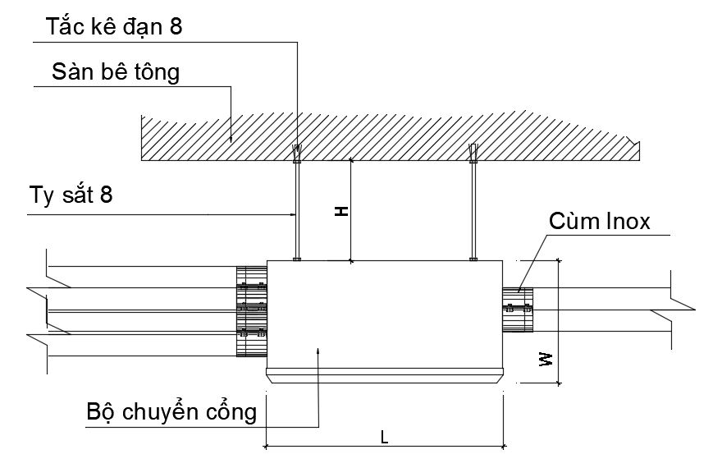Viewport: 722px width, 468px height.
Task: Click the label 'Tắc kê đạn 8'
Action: click(x=115, y=27)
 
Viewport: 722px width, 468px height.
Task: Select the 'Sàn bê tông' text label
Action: click(x=115, y=72)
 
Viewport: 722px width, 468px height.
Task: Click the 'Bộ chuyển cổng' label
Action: click(x=171, y=411)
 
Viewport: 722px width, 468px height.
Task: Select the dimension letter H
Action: click(x=342, y=211)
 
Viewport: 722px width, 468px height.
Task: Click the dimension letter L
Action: click(x=384, y=437)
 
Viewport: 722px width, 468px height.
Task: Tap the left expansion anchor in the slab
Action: click(x=297, y=153)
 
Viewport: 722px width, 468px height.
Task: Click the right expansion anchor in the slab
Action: click(x=473, y=153)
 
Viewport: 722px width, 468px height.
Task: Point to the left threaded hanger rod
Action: click(x=297, y=209)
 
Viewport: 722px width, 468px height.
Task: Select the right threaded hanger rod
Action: click(x=473, y=209)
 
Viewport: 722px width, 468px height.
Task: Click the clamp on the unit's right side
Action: click(x=518, y=310)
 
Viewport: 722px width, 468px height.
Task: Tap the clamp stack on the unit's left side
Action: click(x=252, y=310)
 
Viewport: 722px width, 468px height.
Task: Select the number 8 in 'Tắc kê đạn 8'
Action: click(x=176, y=27)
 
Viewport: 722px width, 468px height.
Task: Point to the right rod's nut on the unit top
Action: click(x=473, y=259)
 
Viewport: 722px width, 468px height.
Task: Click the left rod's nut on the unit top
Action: click(x=297, y=259)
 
